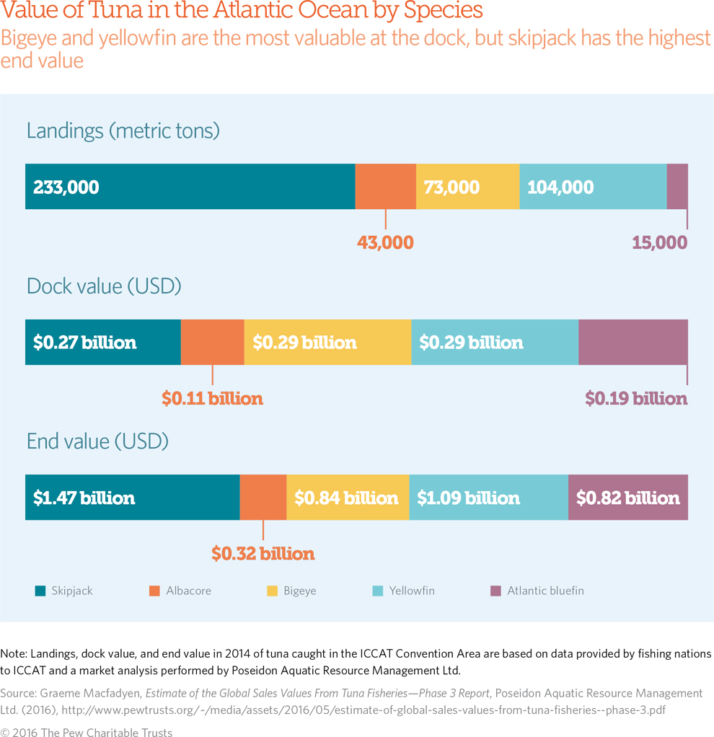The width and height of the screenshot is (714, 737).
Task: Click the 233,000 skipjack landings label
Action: click(66, 187)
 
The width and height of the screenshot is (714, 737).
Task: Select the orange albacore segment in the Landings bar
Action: click(385, 187)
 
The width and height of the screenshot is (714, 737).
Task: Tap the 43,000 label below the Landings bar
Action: click(385, 242)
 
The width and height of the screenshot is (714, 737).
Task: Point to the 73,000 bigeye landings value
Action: click(452, 187)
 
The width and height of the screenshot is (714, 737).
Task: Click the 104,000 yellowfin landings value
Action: click(560, 187)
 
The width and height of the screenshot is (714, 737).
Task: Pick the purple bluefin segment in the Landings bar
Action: click(677, 187)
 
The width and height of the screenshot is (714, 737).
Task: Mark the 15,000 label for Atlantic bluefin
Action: click(659, 242)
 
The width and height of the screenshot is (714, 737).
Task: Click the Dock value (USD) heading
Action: click(104, 286)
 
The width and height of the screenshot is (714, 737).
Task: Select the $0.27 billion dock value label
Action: click(85, 343)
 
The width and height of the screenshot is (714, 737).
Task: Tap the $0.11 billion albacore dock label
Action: click(212, 398)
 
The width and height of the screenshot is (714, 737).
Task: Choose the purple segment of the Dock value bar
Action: click(633, 343)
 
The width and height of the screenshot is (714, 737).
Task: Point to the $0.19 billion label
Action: click(635, 398)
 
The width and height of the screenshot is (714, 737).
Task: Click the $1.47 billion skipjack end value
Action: click(84, 498)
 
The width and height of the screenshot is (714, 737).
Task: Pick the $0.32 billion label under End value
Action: click(263, 554)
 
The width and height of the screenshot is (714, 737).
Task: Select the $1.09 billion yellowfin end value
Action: click(468, 498)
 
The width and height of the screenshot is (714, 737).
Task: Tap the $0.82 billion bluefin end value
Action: click(628, 498)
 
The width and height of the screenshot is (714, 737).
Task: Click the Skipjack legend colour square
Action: click(40, 591)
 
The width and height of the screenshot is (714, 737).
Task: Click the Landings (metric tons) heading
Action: click(123, 131)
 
